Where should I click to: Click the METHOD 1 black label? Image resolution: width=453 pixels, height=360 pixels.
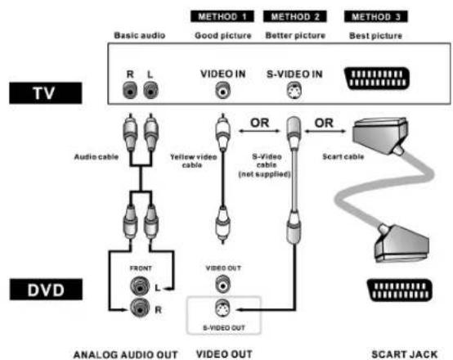tap(222, 16)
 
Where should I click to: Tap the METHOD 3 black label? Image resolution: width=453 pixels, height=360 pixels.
tap(376, 16)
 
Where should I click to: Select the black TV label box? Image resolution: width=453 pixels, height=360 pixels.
tap(46, 93)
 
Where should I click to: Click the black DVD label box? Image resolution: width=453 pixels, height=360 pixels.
tap(46, 290)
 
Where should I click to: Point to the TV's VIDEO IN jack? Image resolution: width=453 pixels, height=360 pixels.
tap(222, 91)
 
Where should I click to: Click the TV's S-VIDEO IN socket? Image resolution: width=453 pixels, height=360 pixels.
tap(294, 91)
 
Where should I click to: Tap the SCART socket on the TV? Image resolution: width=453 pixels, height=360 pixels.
tap(377, 79)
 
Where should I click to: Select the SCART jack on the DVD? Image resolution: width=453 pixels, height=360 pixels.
tap(400, 290)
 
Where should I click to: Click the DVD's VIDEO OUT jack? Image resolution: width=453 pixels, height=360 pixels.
tap(222, 284)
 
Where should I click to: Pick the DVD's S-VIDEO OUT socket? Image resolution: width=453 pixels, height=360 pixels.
tap(222, 308)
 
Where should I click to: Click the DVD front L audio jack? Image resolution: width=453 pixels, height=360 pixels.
tap(140, 286)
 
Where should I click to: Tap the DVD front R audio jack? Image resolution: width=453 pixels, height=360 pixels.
tap(140, 308)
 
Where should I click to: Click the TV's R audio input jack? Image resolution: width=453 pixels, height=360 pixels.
tap(130, 90)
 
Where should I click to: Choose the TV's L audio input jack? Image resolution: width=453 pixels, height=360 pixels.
tap(150, 90)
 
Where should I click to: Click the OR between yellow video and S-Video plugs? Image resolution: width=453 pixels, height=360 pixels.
tap(259, 123)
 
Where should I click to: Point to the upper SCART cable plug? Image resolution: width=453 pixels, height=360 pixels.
tap(380, 135)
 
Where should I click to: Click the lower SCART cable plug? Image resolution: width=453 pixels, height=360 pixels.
tap(401, 244)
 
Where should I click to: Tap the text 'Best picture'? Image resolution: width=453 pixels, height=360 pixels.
tap(375, 35)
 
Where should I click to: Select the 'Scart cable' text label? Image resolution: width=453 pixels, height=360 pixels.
tap(343, 157)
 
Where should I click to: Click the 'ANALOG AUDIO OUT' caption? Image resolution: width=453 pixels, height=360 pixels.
tap(126, 354)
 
